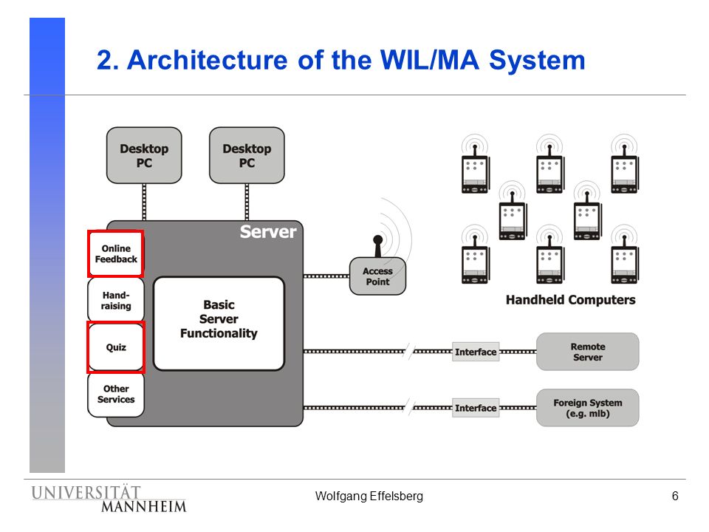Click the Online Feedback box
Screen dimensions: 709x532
(116, 253)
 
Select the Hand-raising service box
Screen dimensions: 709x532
(116, 301)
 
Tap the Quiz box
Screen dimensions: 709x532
(116, 347)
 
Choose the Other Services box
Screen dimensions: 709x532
(116, 394)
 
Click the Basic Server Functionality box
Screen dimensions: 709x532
(219, 324)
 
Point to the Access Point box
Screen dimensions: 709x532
(377, 276)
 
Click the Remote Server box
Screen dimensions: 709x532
(587, 352)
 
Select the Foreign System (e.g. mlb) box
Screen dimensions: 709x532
(587, 408)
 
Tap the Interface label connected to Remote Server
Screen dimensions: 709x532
(476, 352)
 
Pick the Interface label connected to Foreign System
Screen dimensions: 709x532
(476, 408)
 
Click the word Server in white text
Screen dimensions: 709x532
(268, 231)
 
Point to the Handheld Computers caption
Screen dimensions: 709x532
(571, 300)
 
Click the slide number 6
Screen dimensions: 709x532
(675, 497)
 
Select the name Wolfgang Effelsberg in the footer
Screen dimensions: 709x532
(369, 497)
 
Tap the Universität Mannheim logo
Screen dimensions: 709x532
(109, 499)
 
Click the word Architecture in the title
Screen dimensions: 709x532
(207, 60)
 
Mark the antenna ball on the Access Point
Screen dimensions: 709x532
(378, 239)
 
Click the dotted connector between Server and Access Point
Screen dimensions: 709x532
(326, 276)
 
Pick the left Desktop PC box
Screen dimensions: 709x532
(144, 155)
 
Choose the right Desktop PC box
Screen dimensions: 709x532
(247, 155)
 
